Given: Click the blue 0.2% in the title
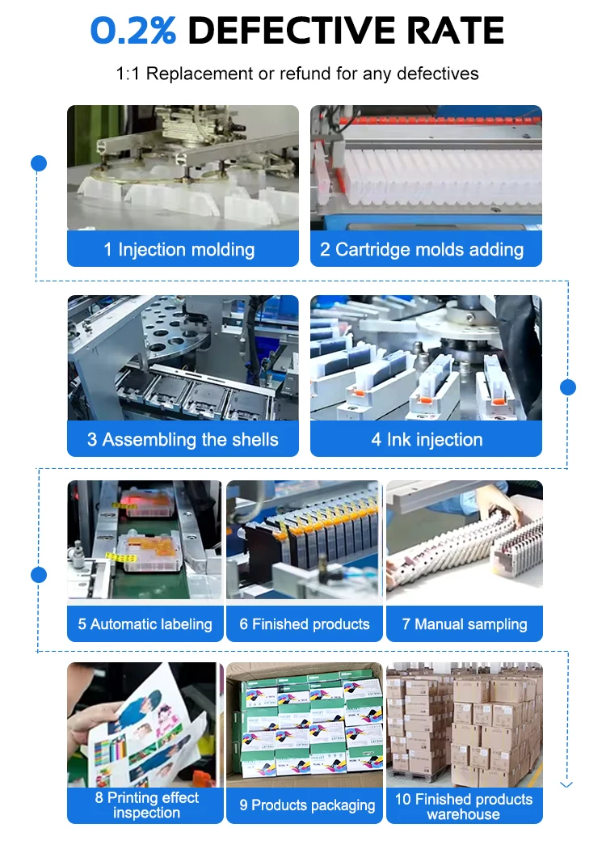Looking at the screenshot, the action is (x=133, y=31).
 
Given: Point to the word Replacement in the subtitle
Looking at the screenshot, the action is (x=200, y=74).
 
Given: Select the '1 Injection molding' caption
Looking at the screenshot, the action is (x=179, y=250).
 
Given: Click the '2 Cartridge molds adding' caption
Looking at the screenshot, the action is (x=422, y=250).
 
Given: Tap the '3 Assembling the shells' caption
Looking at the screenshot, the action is (x=183, y=440).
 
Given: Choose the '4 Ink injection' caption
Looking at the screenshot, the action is (x=427, y=440).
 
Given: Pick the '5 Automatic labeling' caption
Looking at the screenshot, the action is (x=145, y=624).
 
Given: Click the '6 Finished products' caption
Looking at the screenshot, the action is (x=305, y=624).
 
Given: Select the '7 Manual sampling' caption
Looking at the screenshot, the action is (x=465, y=624).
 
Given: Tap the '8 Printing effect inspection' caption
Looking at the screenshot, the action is (x=146, y=805).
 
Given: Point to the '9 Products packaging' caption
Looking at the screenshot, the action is (x=307, y=805).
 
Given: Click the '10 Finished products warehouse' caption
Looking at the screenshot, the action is (x=464, y=806).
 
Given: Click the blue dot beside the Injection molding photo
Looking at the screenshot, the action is (x=39, y=163).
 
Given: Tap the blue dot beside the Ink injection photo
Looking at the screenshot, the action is (x=568, y=387).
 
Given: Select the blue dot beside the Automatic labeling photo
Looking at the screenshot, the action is (x=39, y=575).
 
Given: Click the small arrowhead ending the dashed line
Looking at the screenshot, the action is (x=566, y=784).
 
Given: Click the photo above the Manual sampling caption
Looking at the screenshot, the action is (x=465, y=540).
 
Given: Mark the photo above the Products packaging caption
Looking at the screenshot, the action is (x=305, y=725).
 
